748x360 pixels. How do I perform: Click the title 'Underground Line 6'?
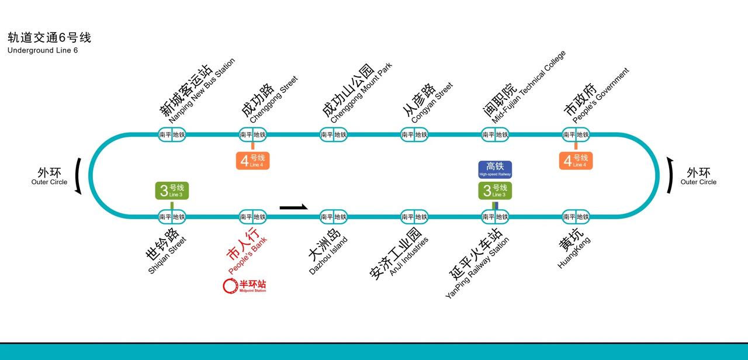(x=43, y=50)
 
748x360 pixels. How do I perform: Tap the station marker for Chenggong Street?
(x=252, y=134)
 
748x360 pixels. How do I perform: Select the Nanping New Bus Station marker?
(x=172, y=134)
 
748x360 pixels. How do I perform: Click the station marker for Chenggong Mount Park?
(x=333, y=134)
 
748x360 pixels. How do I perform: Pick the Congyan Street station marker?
(x=414, y=134)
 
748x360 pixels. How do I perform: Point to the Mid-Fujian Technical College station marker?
(x=495, y=134)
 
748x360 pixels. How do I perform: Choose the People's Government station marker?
(x=576, y=134)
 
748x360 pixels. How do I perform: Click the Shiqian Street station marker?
(x=172, y=217)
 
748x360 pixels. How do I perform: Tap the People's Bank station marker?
(x=252, y=217)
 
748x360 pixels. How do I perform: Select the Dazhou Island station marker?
(x=333, y=217)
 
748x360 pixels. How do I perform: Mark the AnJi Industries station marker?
(x=414, y=217)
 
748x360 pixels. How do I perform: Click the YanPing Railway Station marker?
(x=495, y=217)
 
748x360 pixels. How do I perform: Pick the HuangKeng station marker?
(x=576, y=217)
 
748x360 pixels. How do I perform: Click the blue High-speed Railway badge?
(x=495, y=169)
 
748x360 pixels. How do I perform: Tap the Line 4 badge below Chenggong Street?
(x=252, y=161)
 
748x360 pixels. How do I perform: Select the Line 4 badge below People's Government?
(x=576, y=161)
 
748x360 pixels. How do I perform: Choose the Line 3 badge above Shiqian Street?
(x=172, y=191)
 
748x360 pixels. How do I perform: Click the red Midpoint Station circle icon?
(x=230, y=286)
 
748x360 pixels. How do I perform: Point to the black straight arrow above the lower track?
(x=293, y=207)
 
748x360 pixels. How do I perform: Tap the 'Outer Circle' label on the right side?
(x=698, y=182)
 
